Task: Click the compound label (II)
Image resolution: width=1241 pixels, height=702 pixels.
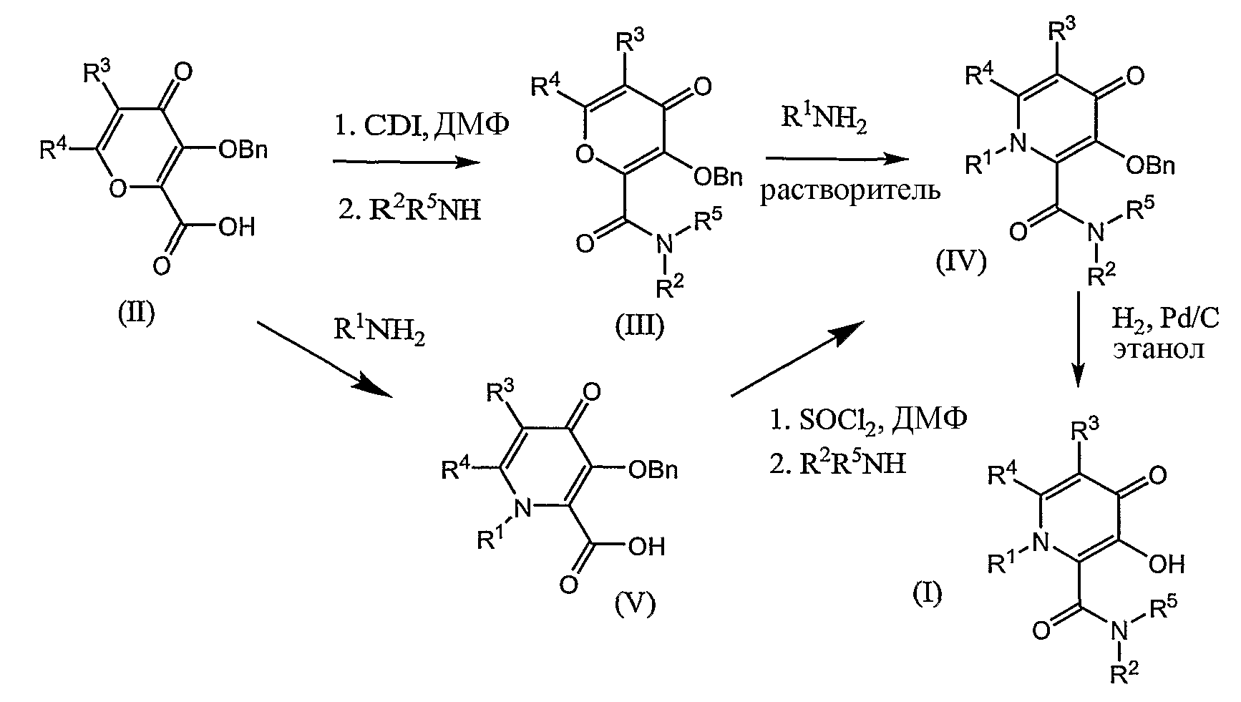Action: coord(136,313)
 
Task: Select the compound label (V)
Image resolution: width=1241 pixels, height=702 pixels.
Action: coord(634,605)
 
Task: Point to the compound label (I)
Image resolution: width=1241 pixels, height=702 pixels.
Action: coord(928,592)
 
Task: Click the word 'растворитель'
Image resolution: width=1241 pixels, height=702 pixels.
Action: coord(850,192)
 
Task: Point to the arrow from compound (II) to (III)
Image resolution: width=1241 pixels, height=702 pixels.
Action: coord(407,163)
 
